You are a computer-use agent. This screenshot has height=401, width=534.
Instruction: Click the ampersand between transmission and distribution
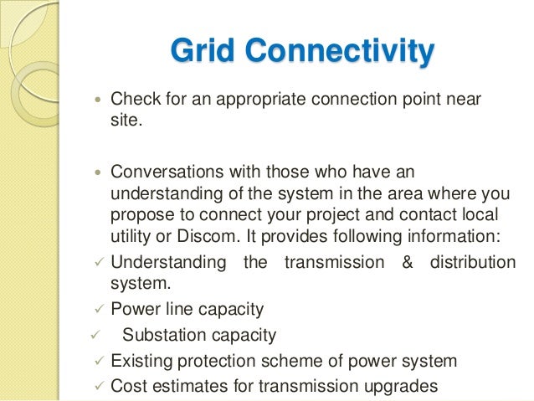(x=408, y=262)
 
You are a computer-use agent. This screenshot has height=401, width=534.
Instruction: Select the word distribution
(x=473, y=262)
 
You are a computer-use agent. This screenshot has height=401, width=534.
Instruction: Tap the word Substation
(x=162, y=336)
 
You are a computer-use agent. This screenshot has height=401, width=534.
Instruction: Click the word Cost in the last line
(x=127, y=387)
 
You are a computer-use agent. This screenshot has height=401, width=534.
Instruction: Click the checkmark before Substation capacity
(x=95, y=336)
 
